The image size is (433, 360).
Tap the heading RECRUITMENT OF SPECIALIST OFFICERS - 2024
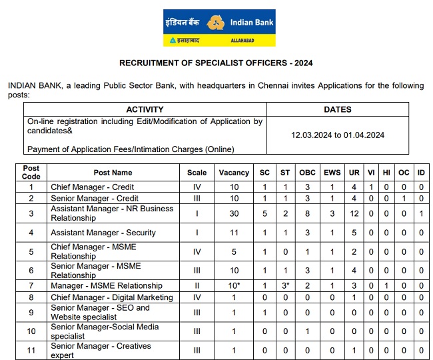click(216, 63)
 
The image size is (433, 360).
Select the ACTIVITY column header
click(145, 109)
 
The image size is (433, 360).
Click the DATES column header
click(338, 109)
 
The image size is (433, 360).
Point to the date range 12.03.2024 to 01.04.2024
click(338, 135)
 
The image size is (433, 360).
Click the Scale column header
click(197, 173)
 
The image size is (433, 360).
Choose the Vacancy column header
click(234, 173)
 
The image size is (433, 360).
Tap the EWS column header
click(332, 173)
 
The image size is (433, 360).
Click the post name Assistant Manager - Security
click(103, 233)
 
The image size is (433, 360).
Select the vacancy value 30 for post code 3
click(233, 213)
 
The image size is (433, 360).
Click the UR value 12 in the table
click(354, 213)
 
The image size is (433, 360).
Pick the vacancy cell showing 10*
click(234, 286)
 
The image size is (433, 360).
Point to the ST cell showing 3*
click(285, 286)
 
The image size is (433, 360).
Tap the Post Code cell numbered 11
click(31, 350)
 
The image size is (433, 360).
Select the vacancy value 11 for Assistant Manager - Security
click(233, 233)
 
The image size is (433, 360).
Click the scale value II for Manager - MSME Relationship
click(197, 286)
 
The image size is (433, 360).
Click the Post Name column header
click(113, 173)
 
